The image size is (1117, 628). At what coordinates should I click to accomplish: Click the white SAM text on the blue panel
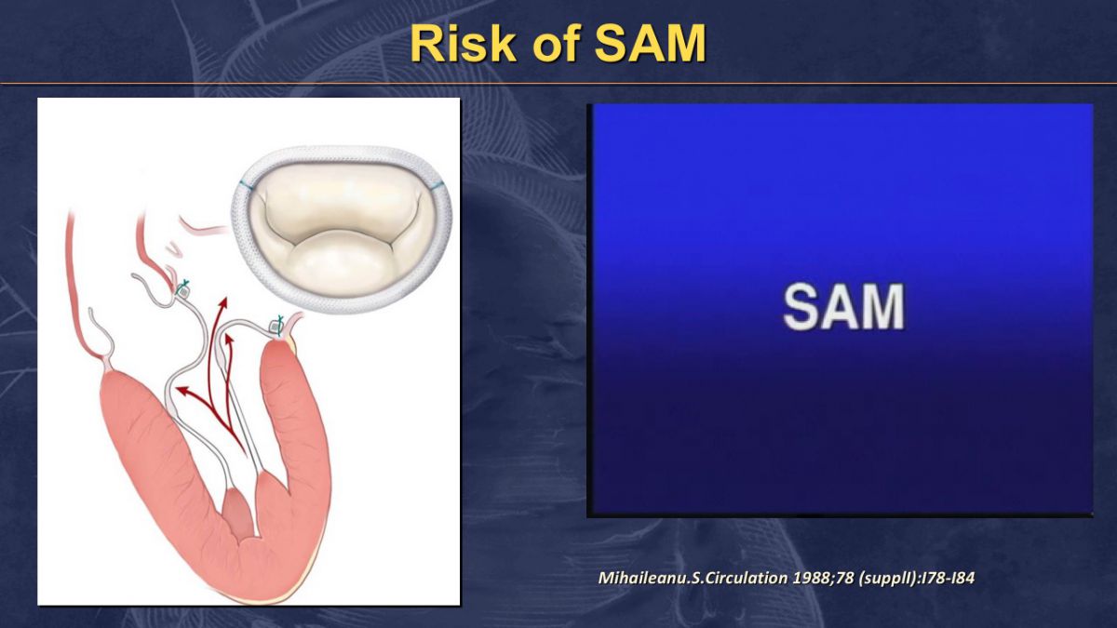pos(843,306)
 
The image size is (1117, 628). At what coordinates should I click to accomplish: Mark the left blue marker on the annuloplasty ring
pos(246,184)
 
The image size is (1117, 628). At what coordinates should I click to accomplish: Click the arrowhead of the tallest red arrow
pos(222,302)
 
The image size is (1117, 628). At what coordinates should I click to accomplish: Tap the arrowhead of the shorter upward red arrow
pos(229,340)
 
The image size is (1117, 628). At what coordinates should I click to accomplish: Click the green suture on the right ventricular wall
pos(280,322)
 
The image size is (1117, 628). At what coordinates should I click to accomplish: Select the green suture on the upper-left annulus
pos(185,285)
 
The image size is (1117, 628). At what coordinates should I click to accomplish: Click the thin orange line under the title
pos(558,83)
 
